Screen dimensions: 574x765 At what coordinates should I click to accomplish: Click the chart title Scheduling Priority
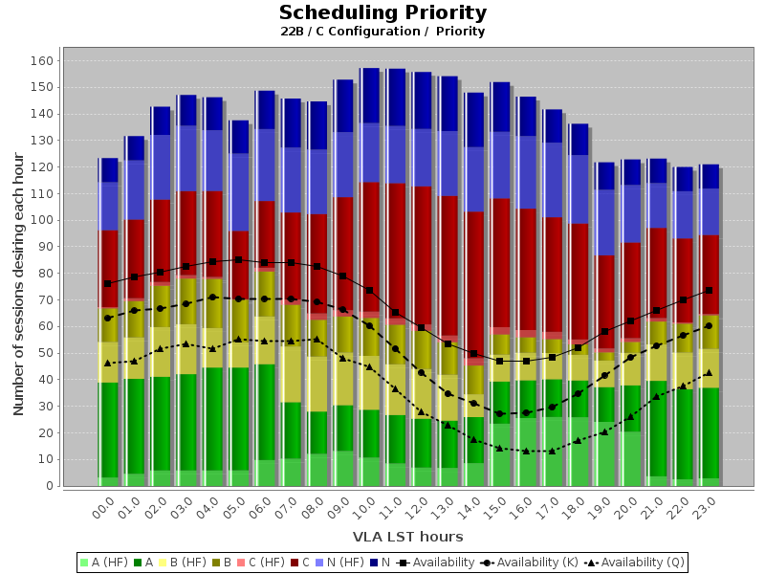click(x=382, y=13)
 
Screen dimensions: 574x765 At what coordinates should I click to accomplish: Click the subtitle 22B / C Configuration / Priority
click(x=382, y=32)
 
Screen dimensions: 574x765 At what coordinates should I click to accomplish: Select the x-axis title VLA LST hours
click(x=407, y=537)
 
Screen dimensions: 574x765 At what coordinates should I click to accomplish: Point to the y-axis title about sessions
click(x=18, y=274)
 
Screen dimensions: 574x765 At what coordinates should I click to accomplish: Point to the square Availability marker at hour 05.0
click(x=238, y=259)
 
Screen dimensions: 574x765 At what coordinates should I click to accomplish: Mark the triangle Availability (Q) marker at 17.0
click(x=552, y=451)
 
